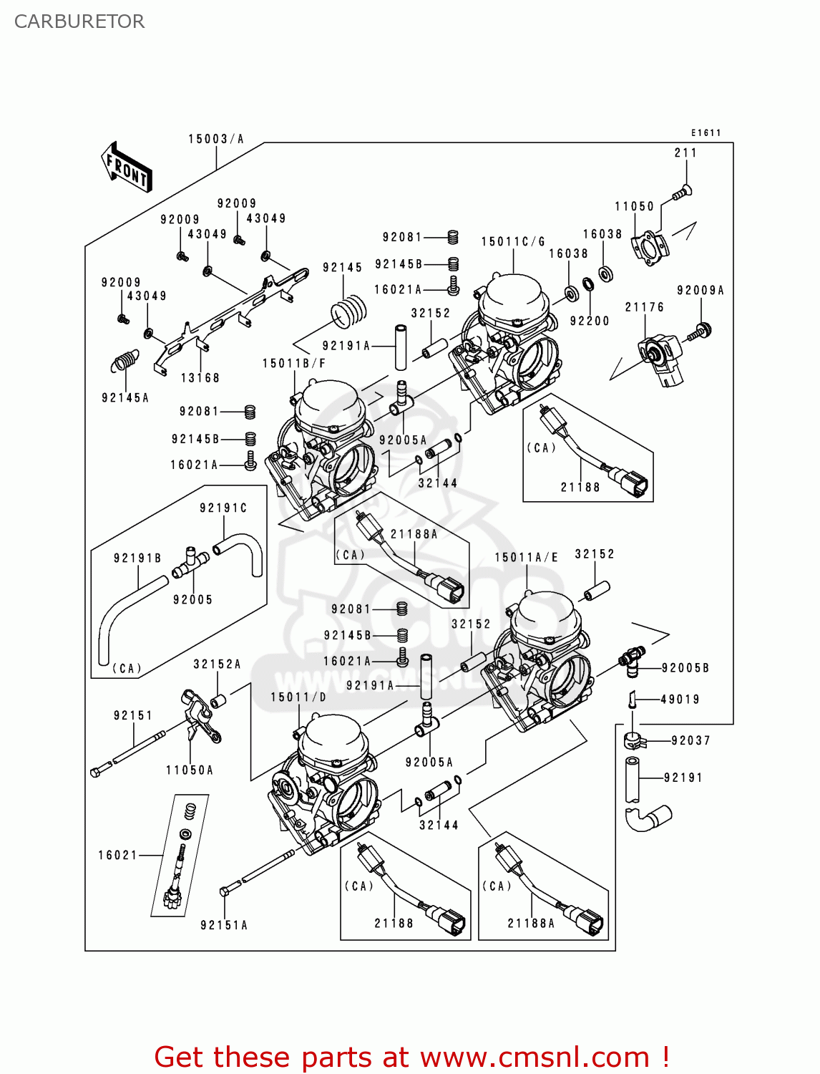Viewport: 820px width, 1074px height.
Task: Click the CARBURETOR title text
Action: click(x=79, y=21)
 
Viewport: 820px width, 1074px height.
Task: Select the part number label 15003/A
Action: click(x=216, y=139)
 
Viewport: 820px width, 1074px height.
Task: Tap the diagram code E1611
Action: click(x=706, y=132)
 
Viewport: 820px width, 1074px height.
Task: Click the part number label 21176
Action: click(x=644, y=307)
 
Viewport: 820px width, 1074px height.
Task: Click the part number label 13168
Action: click(x=200, y=378)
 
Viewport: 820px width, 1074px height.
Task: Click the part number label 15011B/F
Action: click(x=294, y=364)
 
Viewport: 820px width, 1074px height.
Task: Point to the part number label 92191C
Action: click(x=223, y=508)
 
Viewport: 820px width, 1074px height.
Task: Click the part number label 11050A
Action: click(x=190, y=770)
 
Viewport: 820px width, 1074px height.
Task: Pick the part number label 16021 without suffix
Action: click(x=117, y=855)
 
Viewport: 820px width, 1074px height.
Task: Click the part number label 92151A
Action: click(x=224, y=925)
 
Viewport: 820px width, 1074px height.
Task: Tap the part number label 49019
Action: click(x=680, y=700)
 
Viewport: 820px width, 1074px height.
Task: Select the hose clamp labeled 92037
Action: click(x=634, y=740)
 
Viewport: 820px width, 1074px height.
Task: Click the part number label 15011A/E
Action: click(x=526, y=557)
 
